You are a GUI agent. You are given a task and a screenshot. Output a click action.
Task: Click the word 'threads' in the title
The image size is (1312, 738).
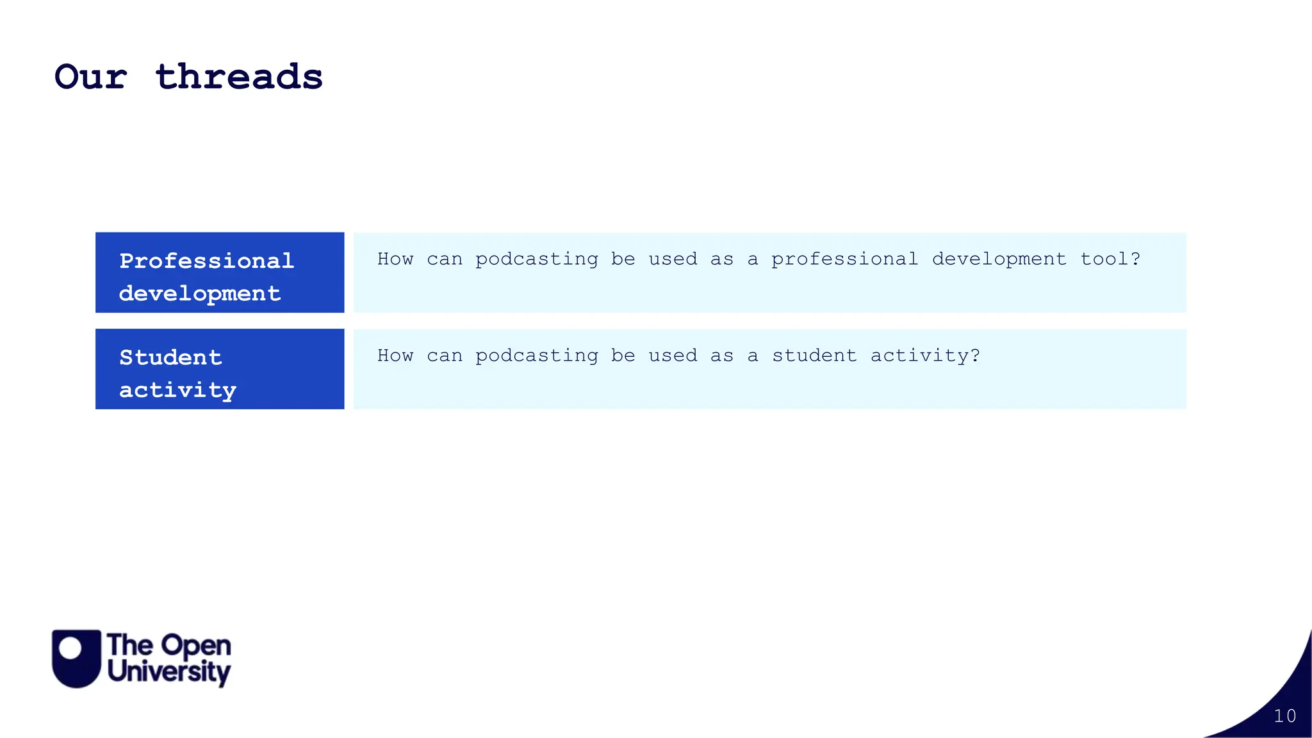[x=239, y=78]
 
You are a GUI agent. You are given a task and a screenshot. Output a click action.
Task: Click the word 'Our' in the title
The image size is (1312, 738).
[x=91, y=78]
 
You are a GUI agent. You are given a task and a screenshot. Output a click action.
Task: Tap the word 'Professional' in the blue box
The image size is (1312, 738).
[x=206, y=261]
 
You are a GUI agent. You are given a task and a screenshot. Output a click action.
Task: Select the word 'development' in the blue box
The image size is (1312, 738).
[x=199, y=293]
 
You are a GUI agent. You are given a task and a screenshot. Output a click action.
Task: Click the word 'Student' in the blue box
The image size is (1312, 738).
[x=170, y=357]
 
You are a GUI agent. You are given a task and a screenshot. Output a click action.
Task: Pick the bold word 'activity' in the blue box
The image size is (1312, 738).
[x=177, y=390]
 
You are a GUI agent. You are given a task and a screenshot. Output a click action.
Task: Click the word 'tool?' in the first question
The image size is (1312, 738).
[x=1110, y=259]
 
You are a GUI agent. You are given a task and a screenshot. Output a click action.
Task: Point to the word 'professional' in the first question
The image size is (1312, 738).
[x=844, y=259]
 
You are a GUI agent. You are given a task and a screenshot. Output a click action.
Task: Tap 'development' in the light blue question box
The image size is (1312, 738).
[x=999, y=259]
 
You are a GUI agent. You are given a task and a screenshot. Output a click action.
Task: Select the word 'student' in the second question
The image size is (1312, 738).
[x=814, y=356]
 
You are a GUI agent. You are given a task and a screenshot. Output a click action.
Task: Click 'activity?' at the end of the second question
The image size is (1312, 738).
[x=925, y=356]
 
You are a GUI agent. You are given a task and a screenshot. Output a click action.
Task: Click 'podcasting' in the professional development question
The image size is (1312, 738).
[x=537, y=259]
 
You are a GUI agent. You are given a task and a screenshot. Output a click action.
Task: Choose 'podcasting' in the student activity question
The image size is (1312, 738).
[x=537, y=356]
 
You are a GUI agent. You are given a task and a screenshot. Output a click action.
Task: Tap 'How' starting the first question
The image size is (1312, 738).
[x=395, y=259]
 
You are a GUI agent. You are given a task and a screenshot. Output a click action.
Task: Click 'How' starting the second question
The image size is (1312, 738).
[x=395, y=356]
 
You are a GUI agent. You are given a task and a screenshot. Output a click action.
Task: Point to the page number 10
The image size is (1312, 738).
[x=1284, y=716]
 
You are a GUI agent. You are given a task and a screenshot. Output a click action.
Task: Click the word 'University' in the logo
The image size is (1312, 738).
[x=169, y=672]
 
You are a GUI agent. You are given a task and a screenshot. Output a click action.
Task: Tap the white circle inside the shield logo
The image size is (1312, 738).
[x=71, y=648]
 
